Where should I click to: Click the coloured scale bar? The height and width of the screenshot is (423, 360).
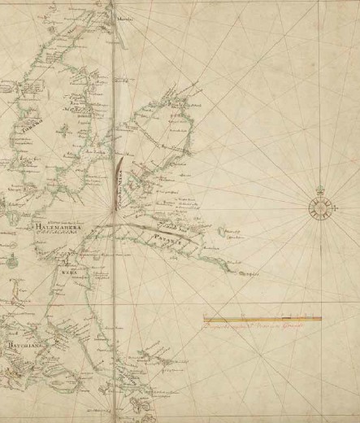pos(262,319)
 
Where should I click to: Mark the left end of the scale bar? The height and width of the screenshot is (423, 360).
pos(202,319)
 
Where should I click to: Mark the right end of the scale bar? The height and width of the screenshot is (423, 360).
pos(322,319)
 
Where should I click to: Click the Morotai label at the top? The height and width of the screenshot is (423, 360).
pos(127,14)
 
